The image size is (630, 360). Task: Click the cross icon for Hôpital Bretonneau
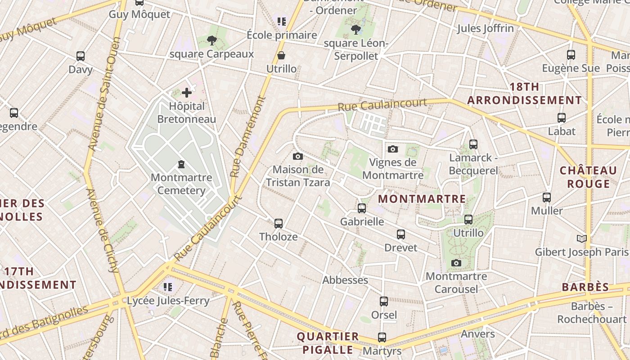point(187,93)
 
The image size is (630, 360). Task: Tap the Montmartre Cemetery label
point(181,184)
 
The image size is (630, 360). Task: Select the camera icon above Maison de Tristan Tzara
point(297,157)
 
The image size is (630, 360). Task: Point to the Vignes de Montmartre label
point(393,168)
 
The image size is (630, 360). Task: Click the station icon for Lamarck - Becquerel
point(473,144)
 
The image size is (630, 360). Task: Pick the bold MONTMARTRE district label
point(422,199)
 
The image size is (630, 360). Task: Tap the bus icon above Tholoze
point(278,223)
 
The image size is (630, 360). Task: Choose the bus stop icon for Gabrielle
point(362,208)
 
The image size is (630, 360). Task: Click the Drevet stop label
point(400,247)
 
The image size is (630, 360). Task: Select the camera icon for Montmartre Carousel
point(456,263)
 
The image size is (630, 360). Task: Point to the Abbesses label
point(345,280)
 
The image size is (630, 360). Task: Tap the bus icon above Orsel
point(383,301)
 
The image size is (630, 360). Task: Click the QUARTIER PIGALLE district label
point(328,343)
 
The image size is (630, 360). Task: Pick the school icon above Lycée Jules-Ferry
point(168,287)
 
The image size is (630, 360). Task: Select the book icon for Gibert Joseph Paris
point(581,238)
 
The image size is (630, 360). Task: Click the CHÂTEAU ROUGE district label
point(588,177)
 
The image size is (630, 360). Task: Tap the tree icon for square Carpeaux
point(211,41)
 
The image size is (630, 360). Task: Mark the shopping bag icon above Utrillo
point(281,56)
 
